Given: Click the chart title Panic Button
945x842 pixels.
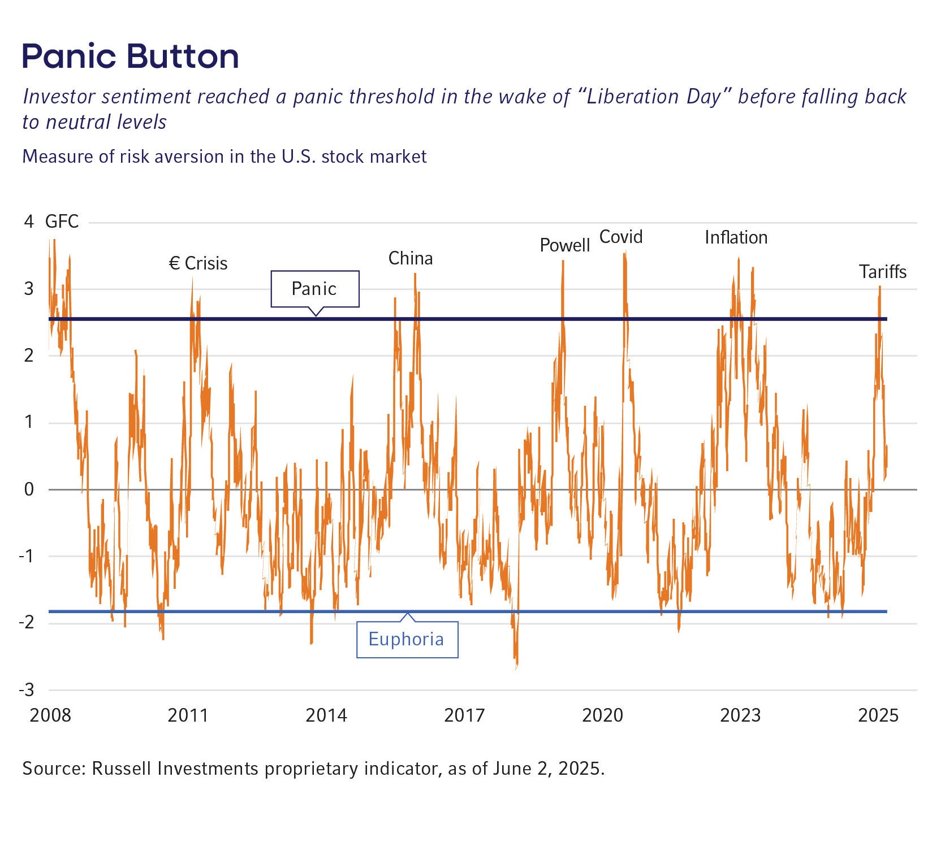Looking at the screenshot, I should tap(130, 57).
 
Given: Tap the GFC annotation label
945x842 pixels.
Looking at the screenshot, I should tap(62, 221).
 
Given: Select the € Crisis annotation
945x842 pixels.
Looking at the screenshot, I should tap(199, 263).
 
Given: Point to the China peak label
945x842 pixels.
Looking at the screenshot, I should tap(410, 258).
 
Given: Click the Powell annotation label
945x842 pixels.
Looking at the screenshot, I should tap(564, 245).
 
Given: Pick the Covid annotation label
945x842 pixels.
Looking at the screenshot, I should tap(620, 237).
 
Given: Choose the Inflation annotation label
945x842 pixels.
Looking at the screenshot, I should tap(736, 237).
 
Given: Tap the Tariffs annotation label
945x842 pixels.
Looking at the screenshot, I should tap(883, 272).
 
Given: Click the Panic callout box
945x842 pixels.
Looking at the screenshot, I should tap(314, 289).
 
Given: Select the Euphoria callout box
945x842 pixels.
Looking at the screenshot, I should tap(407, 639).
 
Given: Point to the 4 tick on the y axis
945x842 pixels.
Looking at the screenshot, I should tap(29, 222).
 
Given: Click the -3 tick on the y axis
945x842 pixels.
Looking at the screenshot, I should tap(27, 690).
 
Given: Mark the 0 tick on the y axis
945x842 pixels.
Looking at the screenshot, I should tap(29, 489).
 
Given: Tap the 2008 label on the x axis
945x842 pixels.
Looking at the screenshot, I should tap(50, 715).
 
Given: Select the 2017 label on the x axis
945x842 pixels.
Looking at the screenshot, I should tap(464, 715).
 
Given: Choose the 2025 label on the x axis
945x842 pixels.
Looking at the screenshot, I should tap(878, 715).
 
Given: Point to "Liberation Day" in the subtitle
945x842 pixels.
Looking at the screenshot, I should tap(655, 97).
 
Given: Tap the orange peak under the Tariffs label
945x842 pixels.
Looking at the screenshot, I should tap(880, 287).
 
